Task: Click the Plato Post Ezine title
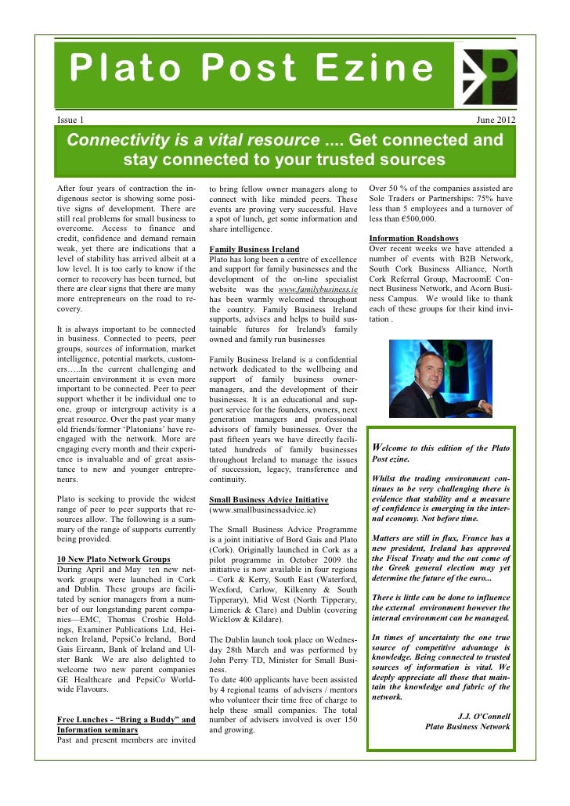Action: pos(251,70)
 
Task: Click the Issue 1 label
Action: pos(71,120)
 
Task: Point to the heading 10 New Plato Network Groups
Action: pos(114,559)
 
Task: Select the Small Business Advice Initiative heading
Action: pos(269,499)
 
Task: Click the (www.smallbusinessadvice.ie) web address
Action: pos(262,510)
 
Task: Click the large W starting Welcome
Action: pos(377,448)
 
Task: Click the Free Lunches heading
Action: pos(126,719)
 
